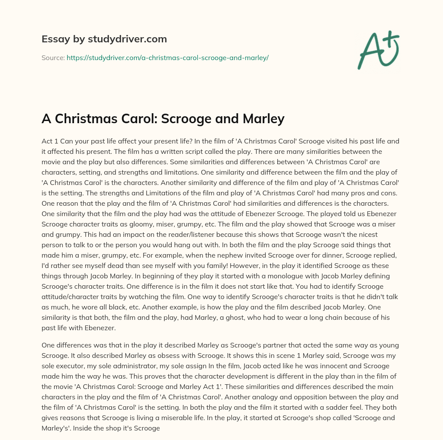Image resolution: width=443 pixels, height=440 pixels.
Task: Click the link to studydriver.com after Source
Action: pos(167,57)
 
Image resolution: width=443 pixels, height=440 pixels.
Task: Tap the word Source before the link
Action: pos(52,57)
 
